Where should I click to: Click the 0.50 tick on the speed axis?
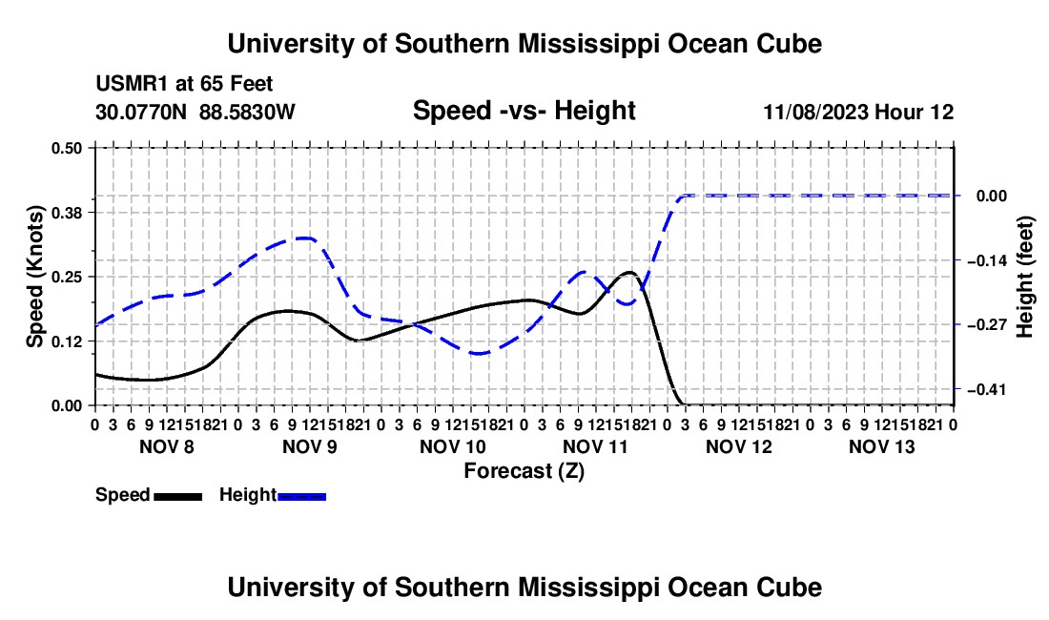point(66,148)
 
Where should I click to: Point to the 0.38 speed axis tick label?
point(66,213)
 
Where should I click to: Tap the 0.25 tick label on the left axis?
point(66,277)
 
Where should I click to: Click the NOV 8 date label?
point(167,446)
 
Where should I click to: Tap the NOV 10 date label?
point(453,446)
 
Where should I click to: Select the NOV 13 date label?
point(882,446)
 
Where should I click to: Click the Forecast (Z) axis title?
point(524,471)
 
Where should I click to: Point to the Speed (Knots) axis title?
point(34,277)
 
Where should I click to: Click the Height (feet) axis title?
point(1024,277)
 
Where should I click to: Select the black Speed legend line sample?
point(178,496)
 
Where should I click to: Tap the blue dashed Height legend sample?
point(301,496)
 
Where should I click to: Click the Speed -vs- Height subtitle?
point(524,111)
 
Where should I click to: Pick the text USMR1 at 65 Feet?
point(184,84)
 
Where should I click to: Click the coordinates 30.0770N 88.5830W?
point(195,112)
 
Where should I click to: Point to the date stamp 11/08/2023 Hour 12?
point(859,112)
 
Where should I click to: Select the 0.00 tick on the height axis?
point(992,196)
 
